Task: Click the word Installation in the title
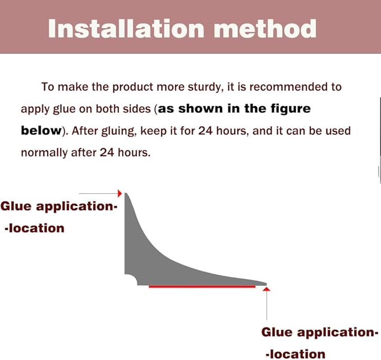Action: point(126,29)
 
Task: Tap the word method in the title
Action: point(265,29)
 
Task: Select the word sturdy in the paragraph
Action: point(205,87)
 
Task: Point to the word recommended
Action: point(288,87)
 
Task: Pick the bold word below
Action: point(42,130)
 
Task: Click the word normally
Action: point(44,153)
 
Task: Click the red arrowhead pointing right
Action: point(120,193)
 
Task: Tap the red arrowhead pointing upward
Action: point(267,289)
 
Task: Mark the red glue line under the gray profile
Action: point(202,286)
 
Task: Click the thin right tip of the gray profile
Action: point(266,284)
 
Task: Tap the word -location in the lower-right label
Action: point(296,354)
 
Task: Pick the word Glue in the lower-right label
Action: point(277,332)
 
